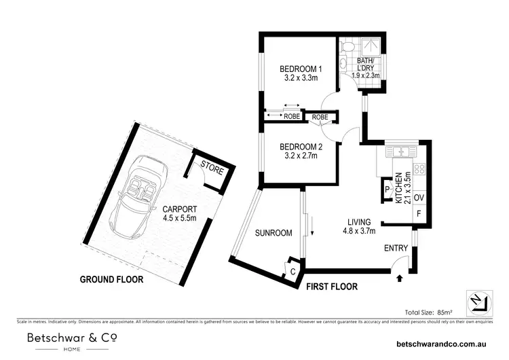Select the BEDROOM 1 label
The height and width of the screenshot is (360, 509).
coord(301,69)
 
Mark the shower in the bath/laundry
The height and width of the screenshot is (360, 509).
coord(372,46)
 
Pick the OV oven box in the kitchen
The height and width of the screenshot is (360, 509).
coord(419,198)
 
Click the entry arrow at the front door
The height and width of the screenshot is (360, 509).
coord(399,276)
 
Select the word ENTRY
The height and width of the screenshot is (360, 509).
coord(397,249)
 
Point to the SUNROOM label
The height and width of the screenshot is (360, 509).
coord(274,233)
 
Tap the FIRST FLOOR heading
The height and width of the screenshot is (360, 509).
coord(331,287)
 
